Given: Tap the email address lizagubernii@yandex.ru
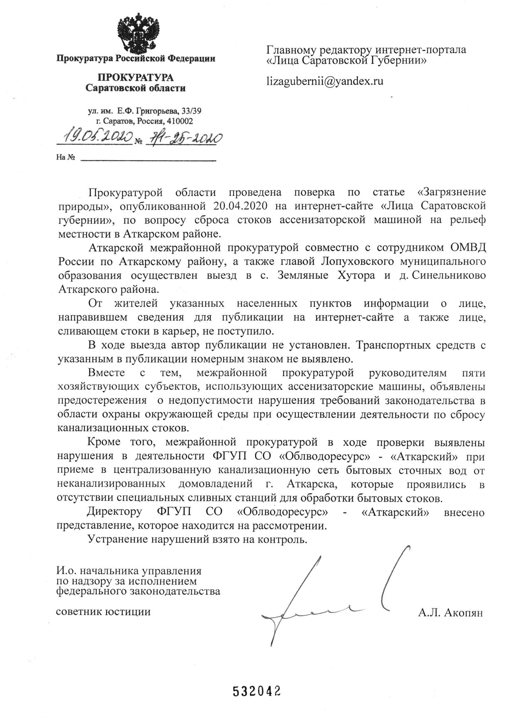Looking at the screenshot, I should (x=324, y=81).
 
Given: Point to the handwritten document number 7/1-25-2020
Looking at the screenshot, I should (x=183, y=138).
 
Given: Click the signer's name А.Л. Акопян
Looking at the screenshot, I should (x=451, y=613).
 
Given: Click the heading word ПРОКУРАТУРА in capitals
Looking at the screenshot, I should (x=136, y=78).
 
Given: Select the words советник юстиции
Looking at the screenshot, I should (x=103, y=611).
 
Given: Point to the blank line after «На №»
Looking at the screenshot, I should (x=148, y=158).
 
